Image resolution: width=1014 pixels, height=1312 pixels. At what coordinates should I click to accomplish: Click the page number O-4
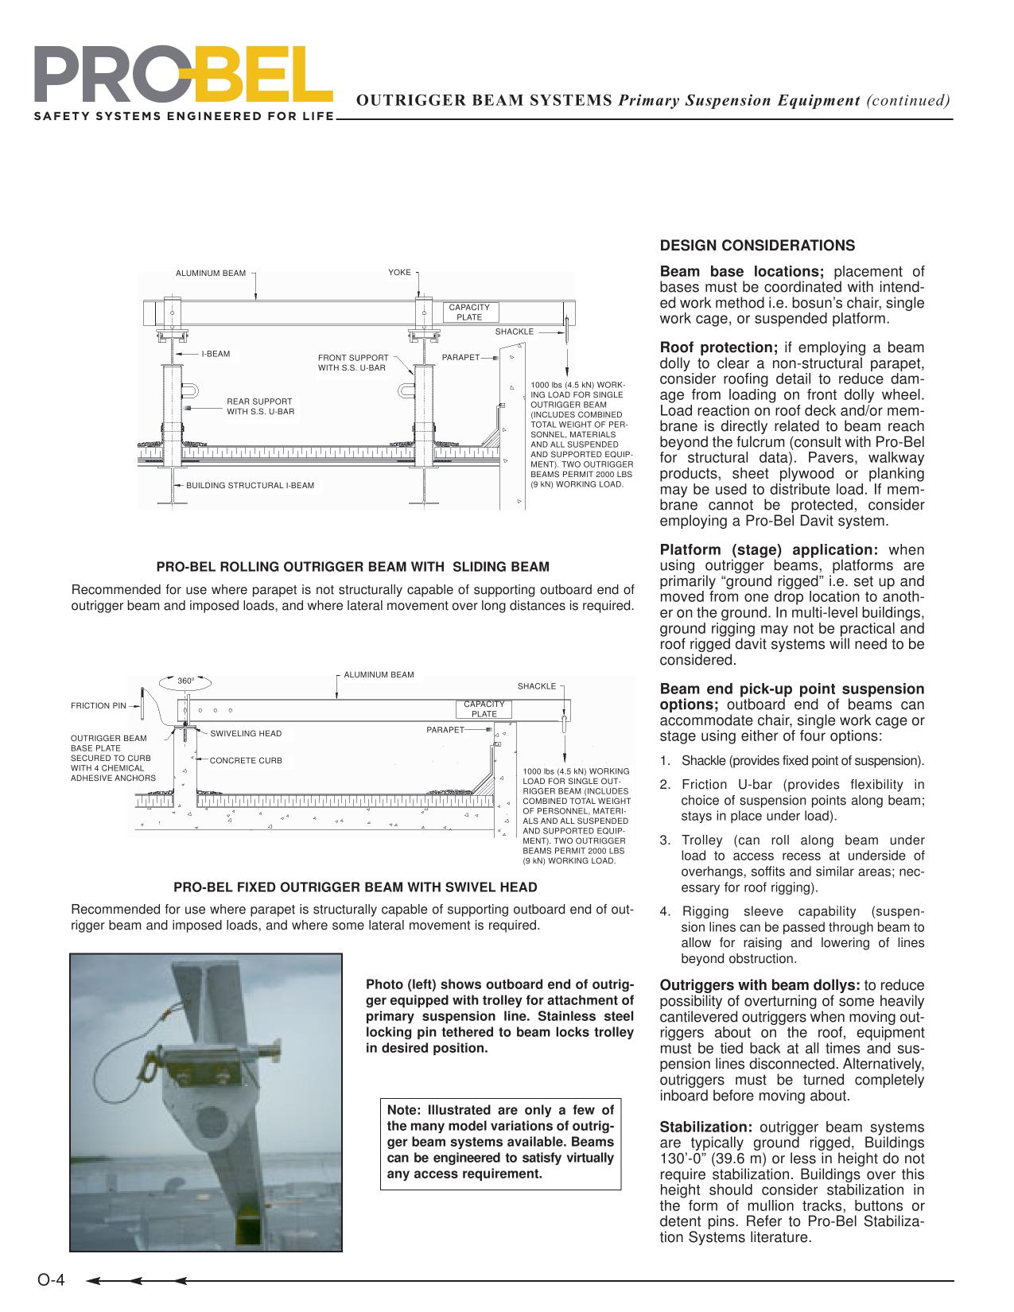pyautogui.click(x=52, y=1280)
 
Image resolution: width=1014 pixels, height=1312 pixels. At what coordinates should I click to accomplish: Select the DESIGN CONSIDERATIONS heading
pyautogui.click(x=757, y=245)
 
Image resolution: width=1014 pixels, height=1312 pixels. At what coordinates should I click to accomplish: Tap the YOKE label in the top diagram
pyautogui.click(x=399, y=273)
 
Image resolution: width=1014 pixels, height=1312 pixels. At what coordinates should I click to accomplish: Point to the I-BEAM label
pyautogui.click(x=215, y=354)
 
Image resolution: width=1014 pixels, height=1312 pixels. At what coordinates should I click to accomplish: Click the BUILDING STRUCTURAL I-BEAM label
pyautogui.click(x=250, y=485)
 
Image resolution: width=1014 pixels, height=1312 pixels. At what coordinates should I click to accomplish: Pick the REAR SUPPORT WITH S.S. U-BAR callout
pyautogui.click(x=260, y=406)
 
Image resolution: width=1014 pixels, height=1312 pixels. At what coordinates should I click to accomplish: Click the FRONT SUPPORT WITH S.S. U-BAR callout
pyautogui.click(x=353, y=363)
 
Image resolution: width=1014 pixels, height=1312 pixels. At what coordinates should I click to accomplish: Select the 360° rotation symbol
pyautogui.click(x=185, y=681)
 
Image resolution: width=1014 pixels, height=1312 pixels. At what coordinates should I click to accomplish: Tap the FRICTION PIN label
pyautogui.click(x=99, y=705)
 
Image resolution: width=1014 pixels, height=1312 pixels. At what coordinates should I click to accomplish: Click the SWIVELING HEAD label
pyautogui.click(x=246, y=733)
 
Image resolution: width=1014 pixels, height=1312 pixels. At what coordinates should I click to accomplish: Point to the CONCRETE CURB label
pyautogui.click(x=246, y=761)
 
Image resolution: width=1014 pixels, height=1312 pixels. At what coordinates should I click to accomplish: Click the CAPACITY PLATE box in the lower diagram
pyautogui.click(x=484, y=709)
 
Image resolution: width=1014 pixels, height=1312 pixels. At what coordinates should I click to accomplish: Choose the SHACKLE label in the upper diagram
pyautogui.click(x=515, y=332)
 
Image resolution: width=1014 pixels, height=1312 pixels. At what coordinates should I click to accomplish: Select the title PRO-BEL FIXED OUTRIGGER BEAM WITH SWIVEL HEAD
pyautogui.click(x=355, y=887)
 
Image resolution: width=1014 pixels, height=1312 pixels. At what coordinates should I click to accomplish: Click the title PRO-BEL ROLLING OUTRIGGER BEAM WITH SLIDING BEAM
pyautogui.click(x=352, y=567)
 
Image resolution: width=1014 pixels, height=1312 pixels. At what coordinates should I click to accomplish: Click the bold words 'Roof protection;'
pyautogui.click(x=719, y=347)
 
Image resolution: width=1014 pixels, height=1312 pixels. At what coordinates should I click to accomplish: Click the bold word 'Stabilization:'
pyautogui.click(x=706, y=1127)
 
